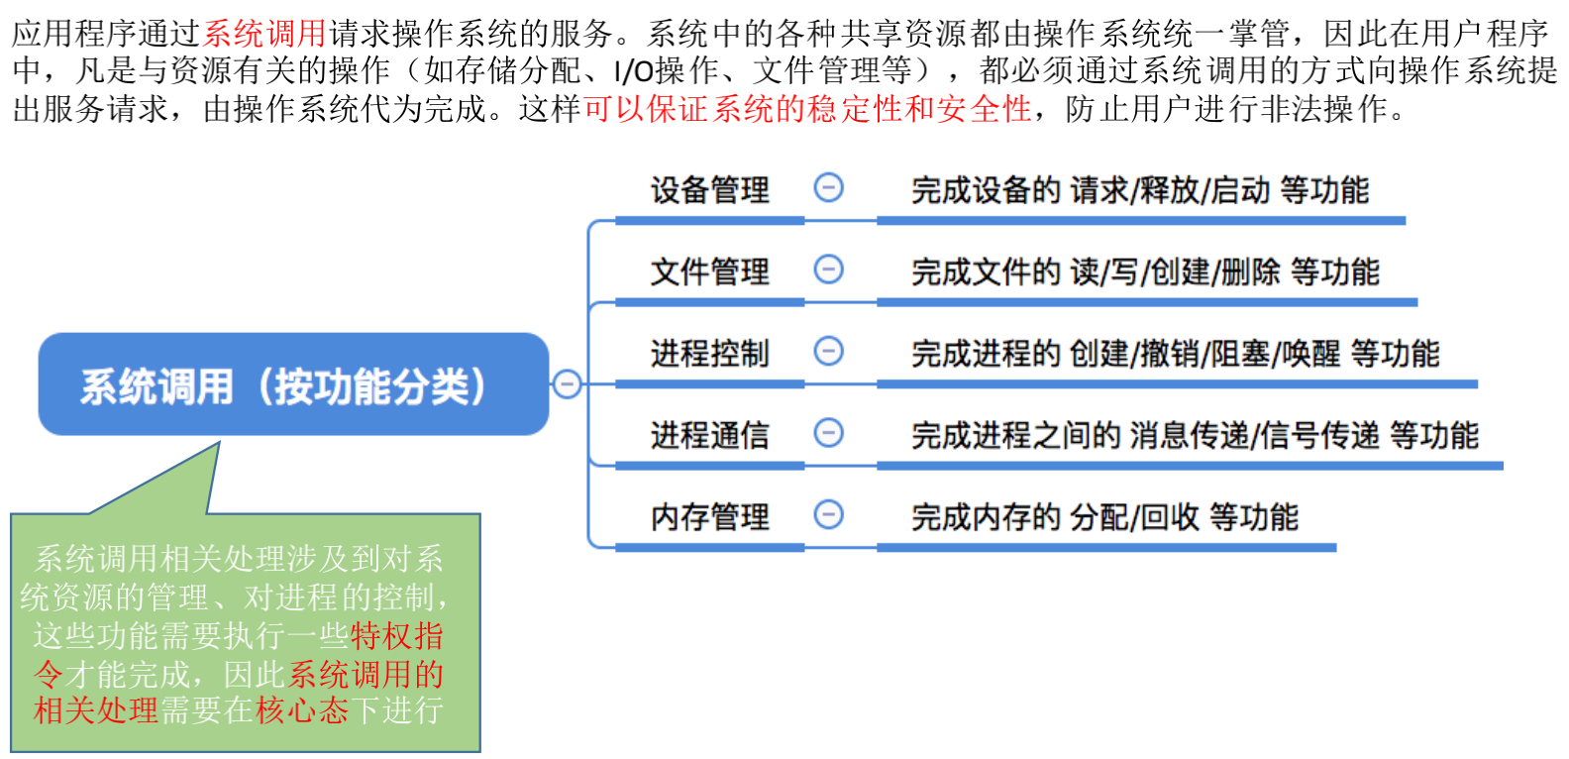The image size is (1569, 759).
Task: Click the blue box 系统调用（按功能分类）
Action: click(x=293, y=384)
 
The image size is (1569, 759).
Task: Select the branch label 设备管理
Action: click(x=709, y=189)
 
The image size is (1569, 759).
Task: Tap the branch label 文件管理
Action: click(x=709, y=271)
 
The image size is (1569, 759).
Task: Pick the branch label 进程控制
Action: click(x=709, y=353)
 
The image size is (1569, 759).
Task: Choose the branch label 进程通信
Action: click(x=709, y=435)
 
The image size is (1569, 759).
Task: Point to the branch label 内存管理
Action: click(x=709, y=516)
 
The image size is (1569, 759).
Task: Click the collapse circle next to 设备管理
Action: click(x=828, y=187)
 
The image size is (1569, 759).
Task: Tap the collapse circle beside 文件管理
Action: click(x=828, y=269)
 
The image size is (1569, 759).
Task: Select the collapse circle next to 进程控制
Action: click(x=828, y=351)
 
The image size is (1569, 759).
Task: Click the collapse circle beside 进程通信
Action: click(x=828, y=432)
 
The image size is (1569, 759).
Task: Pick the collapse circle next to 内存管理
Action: click(x=828, y=513)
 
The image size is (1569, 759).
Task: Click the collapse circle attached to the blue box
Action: click(x=567, y=383)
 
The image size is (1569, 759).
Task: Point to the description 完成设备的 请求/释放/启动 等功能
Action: click(x=1139, y=189)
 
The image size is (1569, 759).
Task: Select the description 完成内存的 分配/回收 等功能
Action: click(x=1104, y=516)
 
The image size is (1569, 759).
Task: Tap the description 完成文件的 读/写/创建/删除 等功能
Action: click(x=1145, y=271)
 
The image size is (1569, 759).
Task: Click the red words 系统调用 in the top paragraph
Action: click(x=264, y=34)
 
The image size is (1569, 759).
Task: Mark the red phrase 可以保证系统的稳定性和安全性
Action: click(x=807, y=109)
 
